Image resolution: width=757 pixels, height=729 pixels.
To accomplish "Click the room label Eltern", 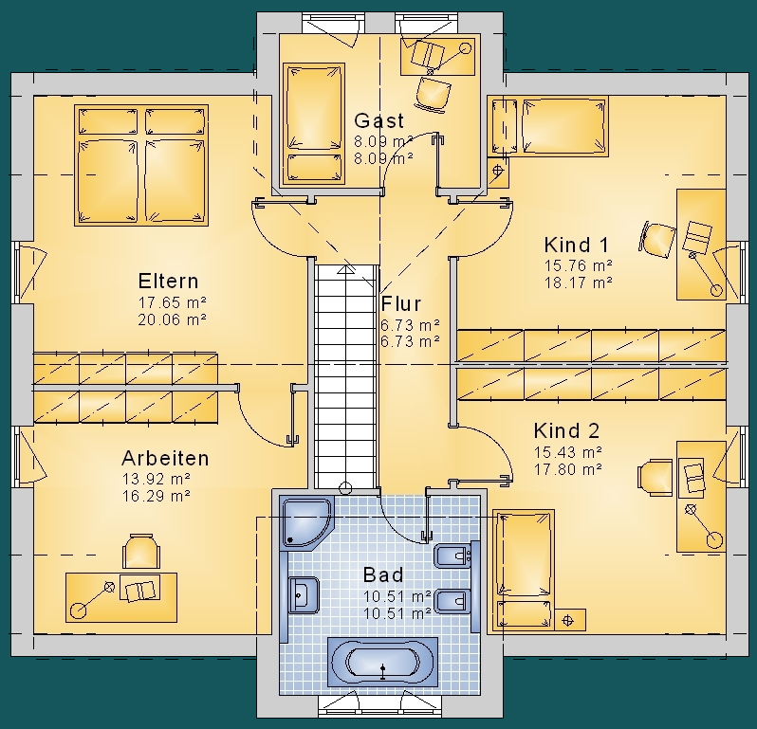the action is click(168, 281).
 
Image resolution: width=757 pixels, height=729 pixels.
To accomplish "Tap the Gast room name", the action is click(379, 120).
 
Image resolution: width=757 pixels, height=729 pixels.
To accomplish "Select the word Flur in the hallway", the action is click(400, 304).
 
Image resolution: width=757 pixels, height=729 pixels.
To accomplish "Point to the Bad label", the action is click(383, 574).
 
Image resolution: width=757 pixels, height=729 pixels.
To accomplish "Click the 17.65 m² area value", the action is click(173, 302).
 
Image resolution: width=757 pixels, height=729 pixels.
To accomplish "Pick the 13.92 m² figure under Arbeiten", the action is click(157, 479).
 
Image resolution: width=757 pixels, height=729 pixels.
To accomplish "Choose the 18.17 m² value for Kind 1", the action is click(579, 282).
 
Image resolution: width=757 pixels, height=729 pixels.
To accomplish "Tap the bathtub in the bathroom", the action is click(382, 662).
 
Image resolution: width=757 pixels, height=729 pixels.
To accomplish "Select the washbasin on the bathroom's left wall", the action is click(304, 595).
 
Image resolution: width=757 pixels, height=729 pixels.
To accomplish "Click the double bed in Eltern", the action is click(141, 166).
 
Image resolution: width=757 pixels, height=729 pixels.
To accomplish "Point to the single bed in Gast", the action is click(313, 124).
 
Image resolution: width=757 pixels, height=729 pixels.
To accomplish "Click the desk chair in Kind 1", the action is click(657, 239).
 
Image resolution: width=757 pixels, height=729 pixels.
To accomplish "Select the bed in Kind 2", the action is click(524, 571).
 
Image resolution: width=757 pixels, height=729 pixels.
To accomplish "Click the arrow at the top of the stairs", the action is click(345, 269).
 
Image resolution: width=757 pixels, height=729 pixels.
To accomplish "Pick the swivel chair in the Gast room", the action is click(433, 93).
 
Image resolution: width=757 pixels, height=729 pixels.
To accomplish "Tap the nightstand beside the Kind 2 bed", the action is click(570, 620).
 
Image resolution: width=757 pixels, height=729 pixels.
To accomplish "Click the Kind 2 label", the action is click(566, 430).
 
